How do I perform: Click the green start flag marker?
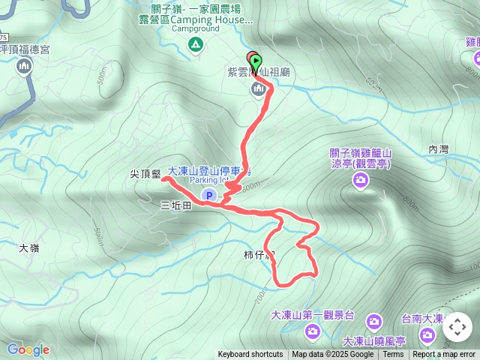pyautogui.click(x=256, y=61)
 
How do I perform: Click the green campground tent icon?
pyautogui.click(x=195, y=45)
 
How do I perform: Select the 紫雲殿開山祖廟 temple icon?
pyautogui.click(x=259, y=90)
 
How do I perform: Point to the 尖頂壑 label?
pyautogui.click(x=145, y=174)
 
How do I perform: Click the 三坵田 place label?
pyautogui.click(x=176, y=204)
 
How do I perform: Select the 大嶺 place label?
pyautogui.click(x=28, y=247)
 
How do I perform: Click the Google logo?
pyautogui.click(x=28, y=349)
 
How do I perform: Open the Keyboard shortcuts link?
pyautogui.click(x=250, y=355)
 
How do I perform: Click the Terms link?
pyautogui.click(x=393, y=355)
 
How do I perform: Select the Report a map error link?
pyautogui.click(x=444, y=355)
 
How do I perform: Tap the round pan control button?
pyautogui.click(x=457, y=327)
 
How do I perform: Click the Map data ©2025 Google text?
pyautogui.click(x=332, y=355)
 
